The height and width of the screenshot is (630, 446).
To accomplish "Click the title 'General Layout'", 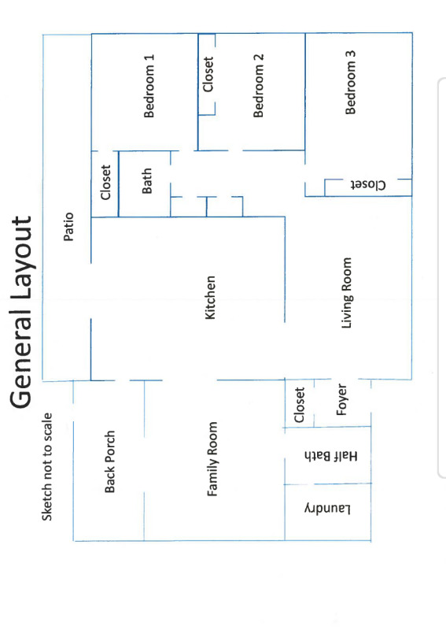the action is pyautogui.click(x=21, y=312).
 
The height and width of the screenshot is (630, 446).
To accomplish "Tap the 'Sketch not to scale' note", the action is pyautogui.click(x=47, y=467).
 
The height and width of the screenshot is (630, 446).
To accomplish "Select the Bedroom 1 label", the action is pyautogui.click(x=149, y=86).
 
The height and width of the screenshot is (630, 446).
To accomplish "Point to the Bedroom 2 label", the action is pyautogui.click(x=258, y=86).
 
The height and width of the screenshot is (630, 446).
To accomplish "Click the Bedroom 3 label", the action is pyautogui.click(x=350, y=83).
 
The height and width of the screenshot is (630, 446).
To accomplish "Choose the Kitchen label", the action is pyautogui.click(x=210, y=298).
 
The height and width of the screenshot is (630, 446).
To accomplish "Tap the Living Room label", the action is pyautogui.click(x=346, y=293).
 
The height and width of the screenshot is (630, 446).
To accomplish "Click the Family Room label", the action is pyautogui.click(x=212, y=459).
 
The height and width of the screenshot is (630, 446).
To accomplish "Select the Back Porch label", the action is pyautogui.click(x=109, y=461).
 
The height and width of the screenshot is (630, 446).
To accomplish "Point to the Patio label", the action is pyautogui.click(x=68, y=227).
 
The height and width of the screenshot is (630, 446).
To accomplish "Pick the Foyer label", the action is pyautogui.click(x=341, y=400).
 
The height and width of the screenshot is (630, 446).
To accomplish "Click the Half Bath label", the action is pyautogui.click(x=331, y=456).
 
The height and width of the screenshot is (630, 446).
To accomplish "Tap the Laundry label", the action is pyautogui.click(x=327, y=509).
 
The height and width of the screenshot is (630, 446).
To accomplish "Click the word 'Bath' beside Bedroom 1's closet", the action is pyautogui.click(x=147, y=181).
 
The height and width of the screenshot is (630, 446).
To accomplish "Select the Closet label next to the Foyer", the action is pyautogui.click(x=300, y=405).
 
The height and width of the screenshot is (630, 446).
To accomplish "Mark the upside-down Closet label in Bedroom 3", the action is pyautogui.click(x=368, y=185).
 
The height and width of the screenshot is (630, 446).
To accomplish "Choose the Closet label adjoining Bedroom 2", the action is pyautogui.click(x=208, y=74).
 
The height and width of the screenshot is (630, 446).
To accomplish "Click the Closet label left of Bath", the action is pyautogui.click(x=105, y=183).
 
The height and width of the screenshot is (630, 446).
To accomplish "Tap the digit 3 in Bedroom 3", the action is pyautogui.click(x=350, y=54).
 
